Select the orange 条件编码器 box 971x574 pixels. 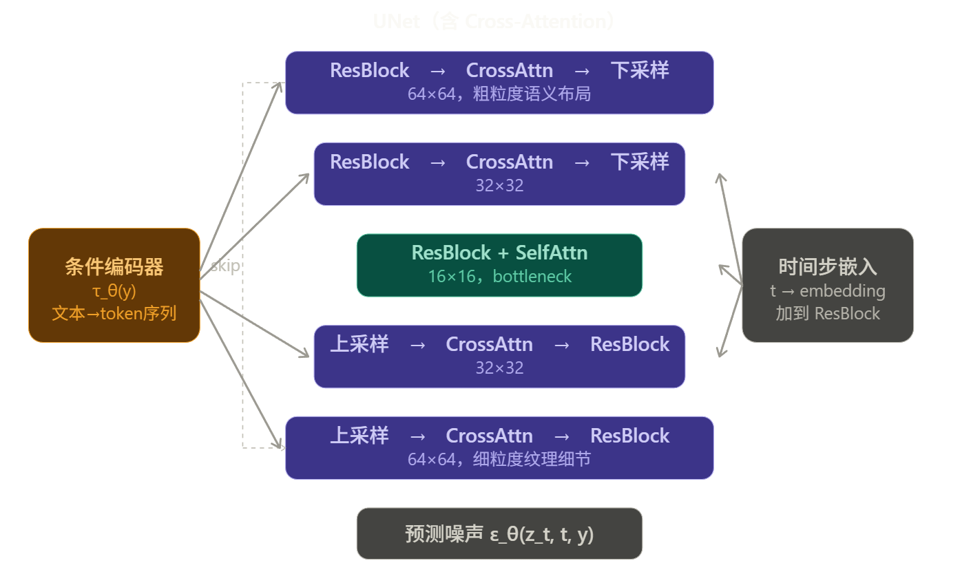114,285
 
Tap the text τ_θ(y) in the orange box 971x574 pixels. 114,291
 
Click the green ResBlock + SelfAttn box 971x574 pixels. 499,265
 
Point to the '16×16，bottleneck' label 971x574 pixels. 499,277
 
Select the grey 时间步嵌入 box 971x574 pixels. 827,285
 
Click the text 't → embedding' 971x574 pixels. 827,291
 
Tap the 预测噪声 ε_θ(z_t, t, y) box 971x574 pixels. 499,533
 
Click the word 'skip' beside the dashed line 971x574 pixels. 225,266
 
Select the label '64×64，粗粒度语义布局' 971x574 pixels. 499,94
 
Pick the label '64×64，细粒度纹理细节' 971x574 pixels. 499,459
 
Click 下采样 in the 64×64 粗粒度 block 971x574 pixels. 639,70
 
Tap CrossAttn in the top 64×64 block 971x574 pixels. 509,70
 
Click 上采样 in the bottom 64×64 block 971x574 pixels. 359,436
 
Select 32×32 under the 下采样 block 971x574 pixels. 499,185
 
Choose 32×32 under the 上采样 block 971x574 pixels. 499,368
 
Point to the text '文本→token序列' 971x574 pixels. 114,314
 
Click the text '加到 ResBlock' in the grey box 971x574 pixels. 827,314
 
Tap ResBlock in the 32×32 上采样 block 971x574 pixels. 629,344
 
